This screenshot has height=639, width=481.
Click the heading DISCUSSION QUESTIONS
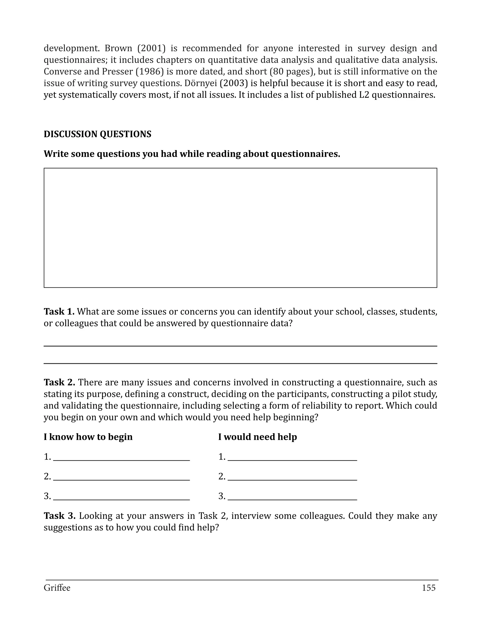pyautogui.click(x=97, y=134)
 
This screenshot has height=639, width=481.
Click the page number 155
pyautogui.click(x=428, y=588)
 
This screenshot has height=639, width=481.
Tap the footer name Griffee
pyautogui.click(x=57, y=588)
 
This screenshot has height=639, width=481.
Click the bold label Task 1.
pyautogui.click(x=59, y=312)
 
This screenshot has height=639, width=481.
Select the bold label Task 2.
pyautogui.click(x=59, y=383)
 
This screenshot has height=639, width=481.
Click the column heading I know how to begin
pyautogui.click(x=88, y=437)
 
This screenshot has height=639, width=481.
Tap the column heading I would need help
pyautogui.click(x=257, y=437)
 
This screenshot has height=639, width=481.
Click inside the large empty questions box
pyautogui.click(x=240, y=228)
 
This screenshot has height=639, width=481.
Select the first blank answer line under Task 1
pyautogui.click(x=240, y=345)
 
